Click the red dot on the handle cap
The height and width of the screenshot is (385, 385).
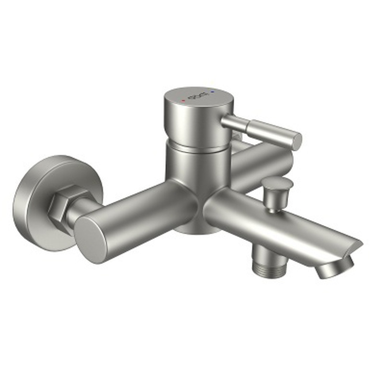click(183, 99)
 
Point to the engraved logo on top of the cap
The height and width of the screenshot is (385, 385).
click(198, 96)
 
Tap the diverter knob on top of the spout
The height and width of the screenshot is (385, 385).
click(278, 184)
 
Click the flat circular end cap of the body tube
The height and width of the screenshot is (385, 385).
click(92, 238)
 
